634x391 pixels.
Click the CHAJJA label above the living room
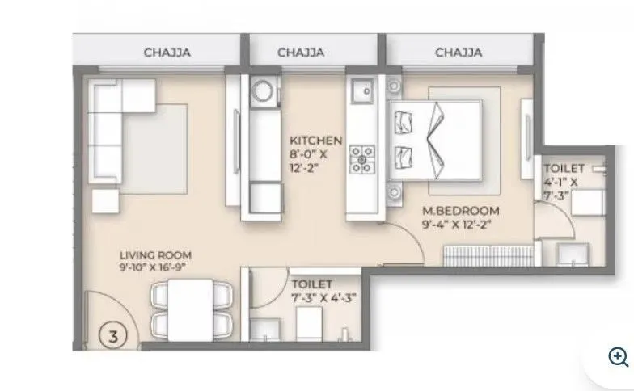coord(167,53)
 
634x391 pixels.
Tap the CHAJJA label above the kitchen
coord(301,53)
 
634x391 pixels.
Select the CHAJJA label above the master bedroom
coord(459,53)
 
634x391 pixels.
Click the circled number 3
coord(114,333)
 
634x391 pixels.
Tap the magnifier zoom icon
coord(619,357)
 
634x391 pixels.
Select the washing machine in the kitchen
coord(264,90)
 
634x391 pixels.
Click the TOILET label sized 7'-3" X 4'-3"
coord(311,284)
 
